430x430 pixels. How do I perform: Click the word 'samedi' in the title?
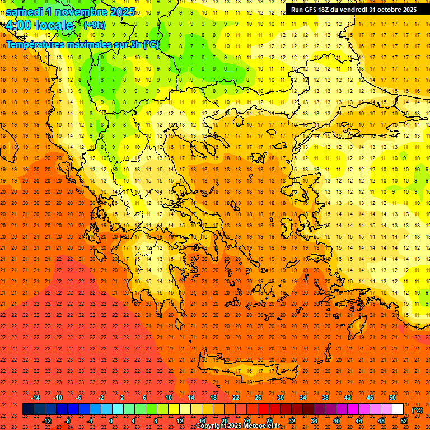pos(24,12)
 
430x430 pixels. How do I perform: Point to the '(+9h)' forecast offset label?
pos(94,25)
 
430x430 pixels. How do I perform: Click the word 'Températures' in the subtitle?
pos(35,44)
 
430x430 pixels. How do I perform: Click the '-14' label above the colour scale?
pos(35,398)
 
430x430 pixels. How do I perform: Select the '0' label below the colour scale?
pos(111,421)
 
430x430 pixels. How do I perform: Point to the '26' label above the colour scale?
pos(258,398)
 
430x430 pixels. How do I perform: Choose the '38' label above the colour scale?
pos(325,398)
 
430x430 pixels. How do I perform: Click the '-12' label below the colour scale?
pos(46,421)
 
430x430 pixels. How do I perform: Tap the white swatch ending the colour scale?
pos(398,409)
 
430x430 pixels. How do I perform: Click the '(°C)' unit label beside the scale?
pos(417,410)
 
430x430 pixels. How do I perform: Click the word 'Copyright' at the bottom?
pos(213,426)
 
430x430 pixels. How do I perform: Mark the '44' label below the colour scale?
pos(359,421)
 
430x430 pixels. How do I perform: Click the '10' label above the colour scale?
pos(169,398)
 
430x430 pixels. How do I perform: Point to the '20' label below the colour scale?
pos(225,421)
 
